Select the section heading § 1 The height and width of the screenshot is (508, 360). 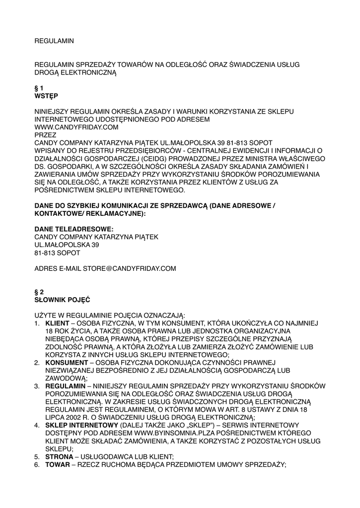(39, 88)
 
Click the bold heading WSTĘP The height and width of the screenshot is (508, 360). (46, 96)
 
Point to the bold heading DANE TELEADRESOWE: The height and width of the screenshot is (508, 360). (74, 229)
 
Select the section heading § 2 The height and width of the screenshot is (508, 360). (39, 292)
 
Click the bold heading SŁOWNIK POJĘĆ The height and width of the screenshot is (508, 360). (62, 300)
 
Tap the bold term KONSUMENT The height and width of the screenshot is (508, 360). (65, 363)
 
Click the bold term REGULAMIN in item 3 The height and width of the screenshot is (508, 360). (65, 386)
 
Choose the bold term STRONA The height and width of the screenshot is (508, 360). (59, 456)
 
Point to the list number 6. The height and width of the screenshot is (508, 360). (37, 464)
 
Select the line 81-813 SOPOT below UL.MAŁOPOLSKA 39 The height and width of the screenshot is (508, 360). (57, 253)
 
